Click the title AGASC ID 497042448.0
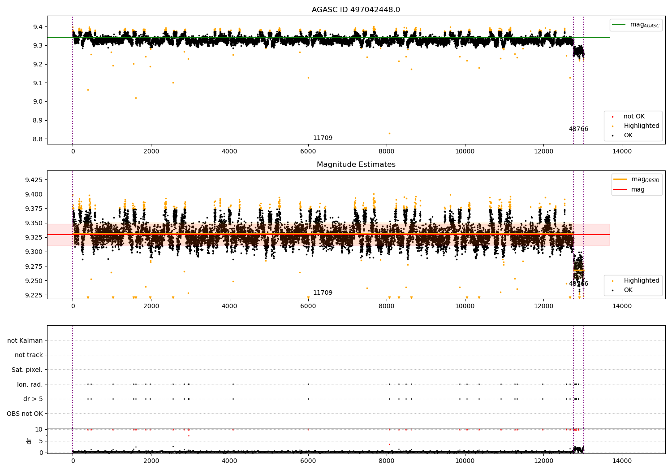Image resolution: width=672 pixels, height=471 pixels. (x=356, y=10)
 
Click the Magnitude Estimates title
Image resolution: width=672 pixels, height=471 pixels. (x=356, y=165)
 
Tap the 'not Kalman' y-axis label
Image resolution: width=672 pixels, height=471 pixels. (x=25, y=340)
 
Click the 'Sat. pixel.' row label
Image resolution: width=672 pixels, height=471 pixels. (x=27, y=370)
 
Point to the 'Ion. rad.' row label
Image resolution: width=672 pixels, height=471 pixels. (x=30, y=384)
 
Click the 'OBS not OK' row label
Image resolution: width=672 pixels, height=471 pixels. (x=25, y=414)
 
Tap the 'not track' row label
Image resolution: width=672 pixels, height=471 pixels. (x=29, y=355)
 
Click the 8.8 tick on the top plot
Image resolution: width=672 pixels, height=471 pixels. (x=38, y=139)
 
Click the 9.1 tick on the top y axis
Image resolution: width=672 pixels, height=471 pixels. (x=38, y=83)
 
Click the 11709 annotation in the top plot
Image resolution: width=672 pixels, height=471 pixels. (x=323, y=138)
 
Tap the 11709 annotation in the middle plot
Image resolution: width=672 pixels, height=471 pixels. (x=323, y=293)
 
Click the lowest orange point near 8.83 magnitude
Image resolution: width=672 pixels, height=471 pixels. (x=389, y=133)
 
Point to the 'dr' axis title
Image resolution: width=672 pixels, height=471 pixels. (x=29, y=441)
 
